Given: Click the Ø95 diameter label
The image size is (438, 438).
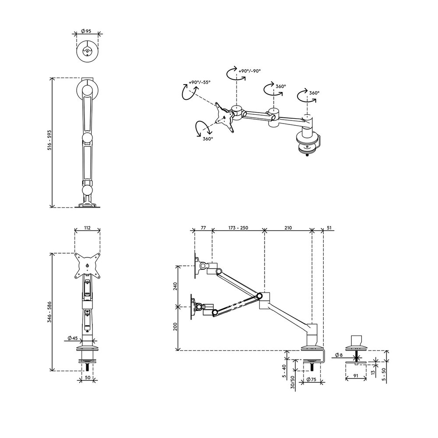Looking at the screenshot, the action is tap(86, 31).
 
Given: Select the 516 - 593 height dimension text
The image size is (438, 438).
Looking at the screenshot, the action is tap(49, 140).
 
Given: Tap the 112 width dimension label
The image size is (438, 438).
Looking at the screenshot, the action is tap(87, 228).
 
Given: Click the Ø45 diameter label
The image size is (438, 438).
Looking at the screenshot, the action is tap(73, 338).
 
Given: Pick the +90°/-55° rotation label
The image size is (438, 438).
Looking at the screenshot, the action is tap(199, 82).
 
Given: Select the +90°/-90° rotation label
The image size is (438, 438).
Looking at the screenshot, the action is tap(250, 71).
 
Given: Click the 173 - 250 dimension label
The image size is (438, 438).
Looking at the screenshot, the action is tap(238, 228).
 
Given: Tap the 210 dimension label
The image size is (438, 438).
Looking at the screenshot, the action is tap(288, 228).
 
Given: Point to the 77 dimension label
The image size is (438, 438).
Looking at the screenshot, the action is tap(203, 228).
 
